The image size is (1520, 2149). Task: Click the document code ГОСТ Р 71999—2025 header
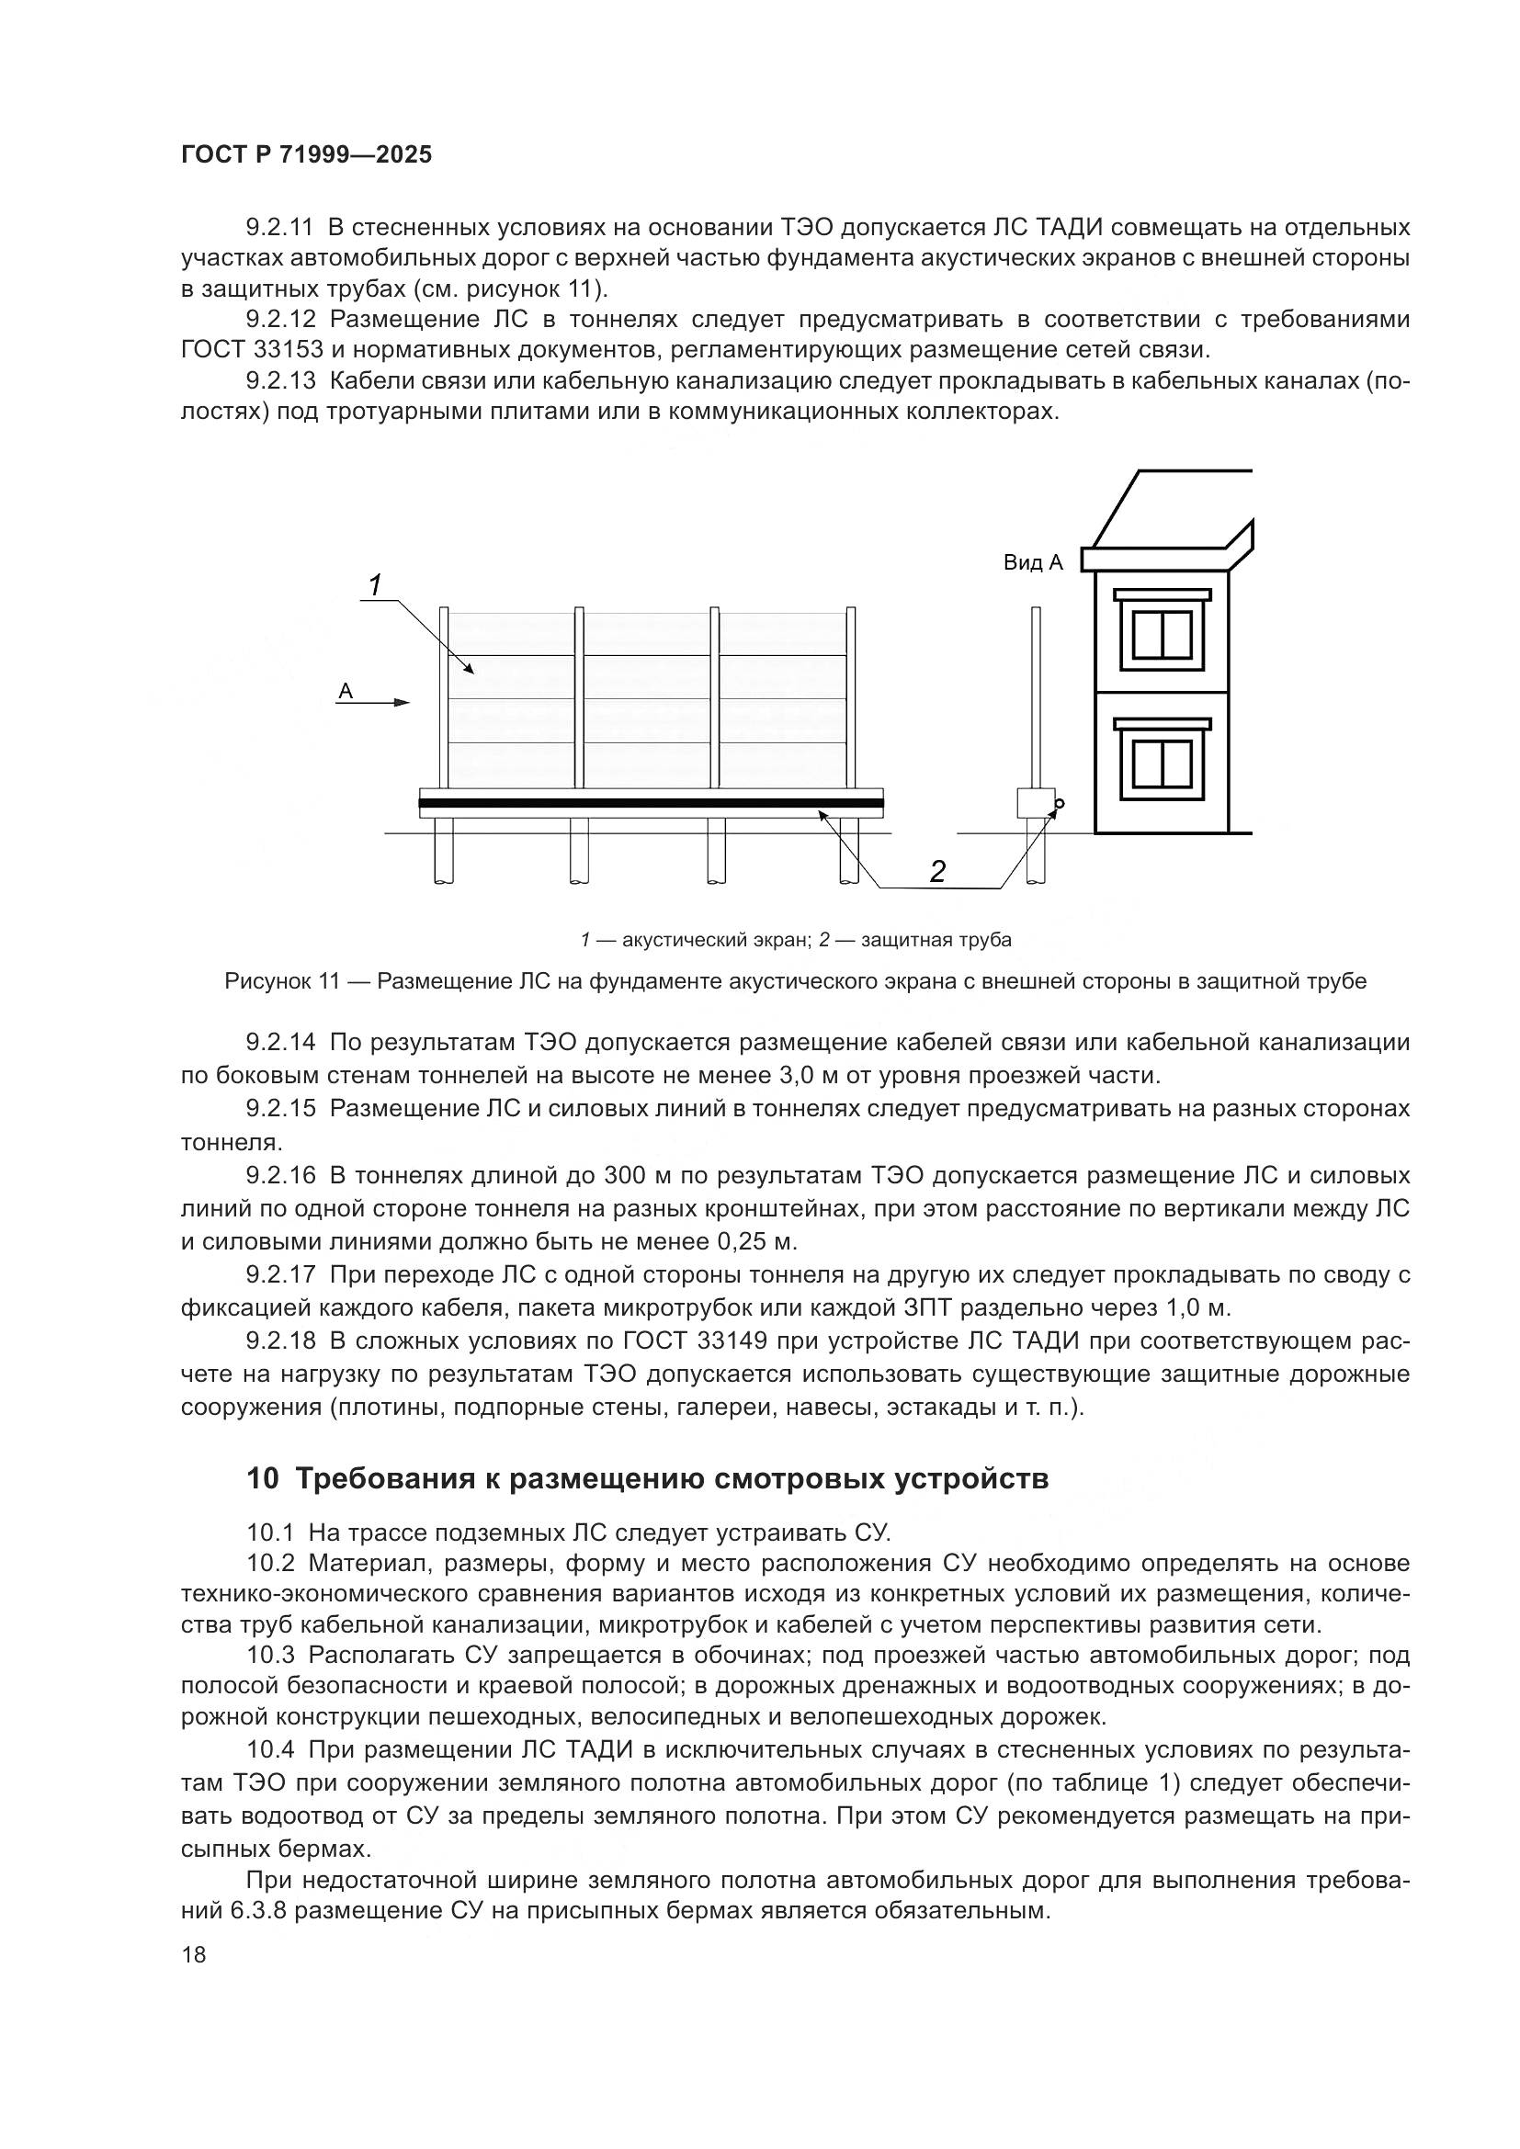point(306,155)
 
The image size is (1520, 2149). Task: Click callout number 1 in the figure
point(374,586)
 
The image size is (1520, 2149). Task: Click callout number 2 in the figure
point(936,871)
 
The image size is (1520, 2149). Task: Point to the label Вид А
point(1033,562)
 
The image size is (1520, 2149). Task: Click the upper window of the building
point(1162,635)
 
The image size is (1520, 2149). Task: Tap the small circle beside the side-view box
point(1061,803)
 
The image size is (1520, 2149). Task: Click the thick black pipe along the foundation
point(651,803)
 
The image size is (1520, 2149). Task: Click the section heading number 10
point(263,1480)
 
